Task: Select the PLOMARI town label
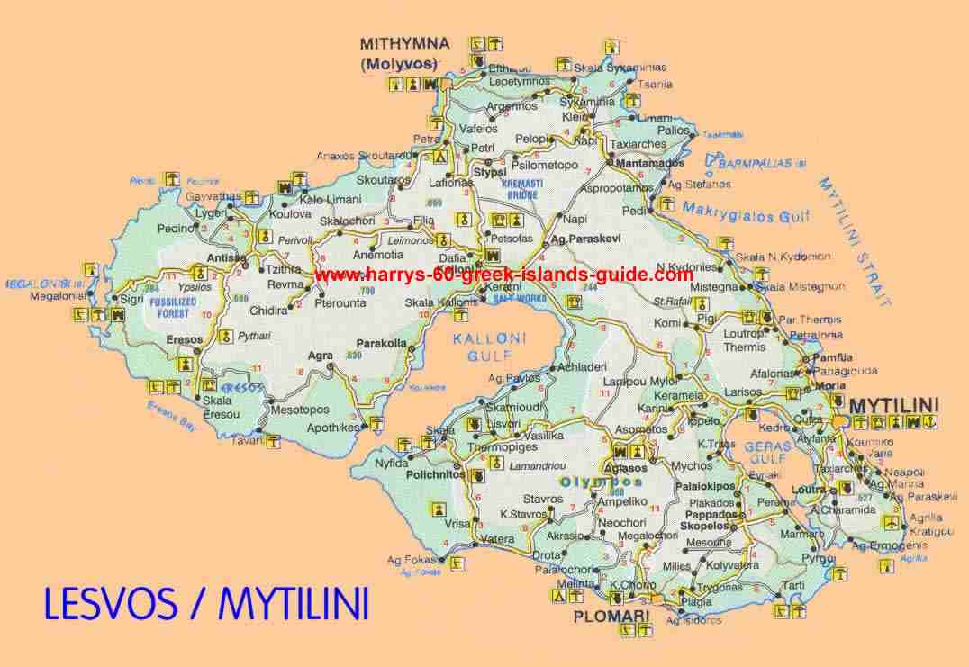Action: pyautogui.click(x=611, y=617)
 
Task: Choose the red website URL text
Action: pyautogui.click(x=504, y=275)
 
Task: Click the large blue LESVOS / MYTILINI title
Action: pyautogui.click(x=206, y=604)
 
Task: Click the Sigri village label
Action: pyautogui.click(x=131, y=299)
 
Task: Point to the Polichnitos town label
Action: pyautogui.click(x=436, y=473)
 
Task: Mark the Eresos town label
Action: pyautogui.click(x=186, y=341)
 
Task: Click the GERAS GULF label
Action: pyautogui.click(x=767, y=453)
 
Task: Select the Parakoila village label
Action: pyautogui.click(x=383, y=343)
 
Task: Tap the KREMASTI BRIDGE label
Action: pyautogui.click(x=521, y=187)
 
